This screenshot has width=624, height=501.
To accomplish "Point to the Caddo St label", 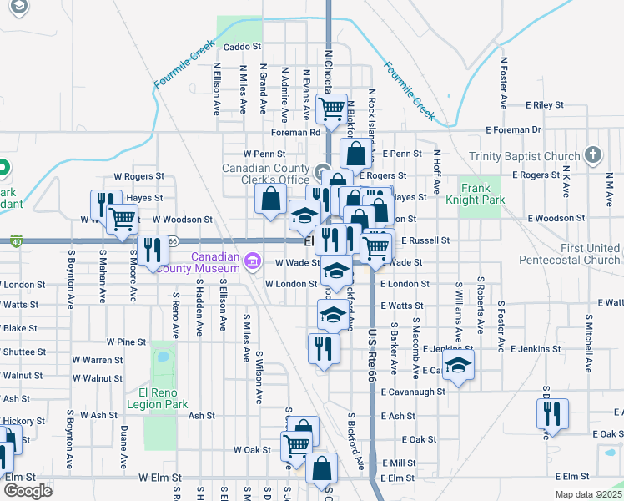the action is [243, 48].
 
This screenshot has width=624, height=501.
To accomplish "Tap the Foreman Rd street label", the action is [295, 132].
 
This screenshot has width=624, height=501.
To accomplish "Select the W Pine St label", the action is [126, 342].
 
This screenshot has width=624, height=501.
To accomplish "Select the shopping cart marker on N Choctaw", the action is [332, 108].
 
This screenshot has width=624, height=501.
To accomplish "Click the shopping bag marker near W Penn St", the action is [355, 154].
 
